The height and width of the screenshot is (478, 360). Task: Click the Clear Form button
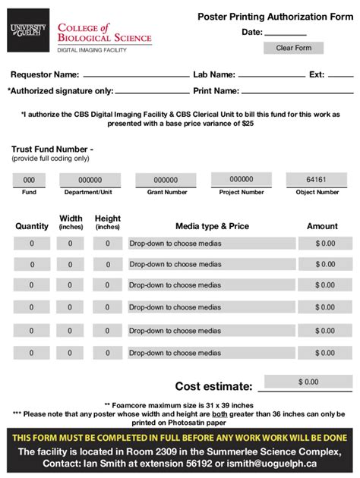[x=293, y=48]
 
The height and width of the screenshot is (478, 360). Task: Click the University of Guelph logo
[x=28, y=30]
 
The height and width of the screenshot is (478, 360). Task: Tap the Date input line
[x=286, y=34]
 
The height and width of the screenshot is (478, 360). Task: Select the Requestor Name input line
[x=136, y=76]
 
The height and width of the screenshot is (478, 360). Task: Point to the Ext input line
[x=341, y=76]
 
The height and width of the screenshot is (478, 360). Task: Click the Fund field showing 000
[x=29, y=180]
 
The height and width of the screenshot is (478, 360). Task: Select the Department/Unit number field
[x=90, y=180]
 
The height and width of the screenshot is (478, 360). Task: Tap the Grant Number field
[x=166, y=180]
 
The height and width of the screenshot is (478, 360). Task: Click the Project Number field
[x=241, y=180]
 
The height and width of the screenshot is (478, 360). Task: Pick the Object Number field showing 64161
[x=316, y=180]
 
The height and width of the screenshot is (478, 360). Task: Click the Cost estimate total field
[x=308, y=382]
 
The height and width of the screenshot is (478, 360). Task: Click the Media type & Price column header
[x=212, y=226]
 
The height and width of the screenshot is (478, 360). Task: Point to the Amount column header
[x=322, y=226]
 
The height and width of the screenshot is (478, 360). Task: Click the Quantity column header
[x=32, y=226]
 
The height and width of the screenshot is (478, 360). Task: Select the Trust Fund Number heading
[x=52, y=149]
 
